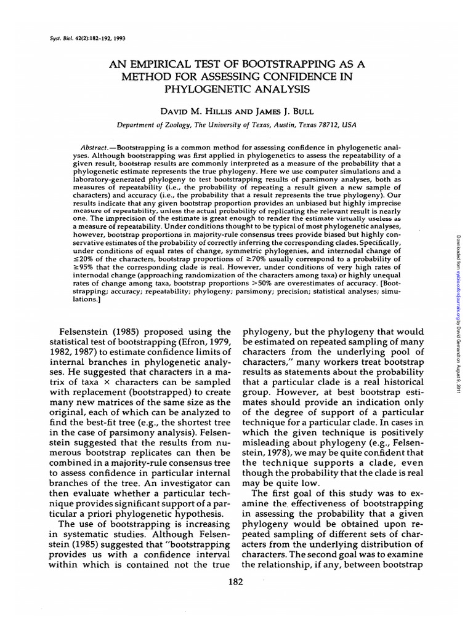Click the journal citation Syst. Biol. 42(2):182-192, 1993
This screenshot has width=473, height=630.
point(70,36)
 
